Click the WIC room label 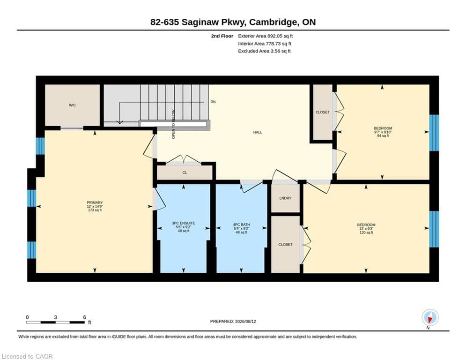(x=72, y=105)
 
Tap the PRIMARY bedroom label (x=95, y=202)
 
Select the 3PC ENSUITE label (x=184, y=223)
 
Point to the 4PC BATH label (x=241, y=225)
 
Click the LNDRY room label (x=285, y=198)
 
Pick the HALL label (x=258, y=132)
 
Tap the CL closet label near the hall (x=185, y=172)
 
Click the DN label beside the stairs (x=213, y=102)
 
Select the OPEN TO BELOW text (x=174, y=124)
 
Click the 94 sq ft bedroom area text (x=383, y=135)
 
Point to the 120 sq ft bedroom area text (x=366, y=232)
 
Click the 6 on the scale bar (x=84, y=317)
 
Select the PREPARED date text (x=233, y=321)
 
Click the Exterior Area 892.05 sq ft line (x=266, y=36)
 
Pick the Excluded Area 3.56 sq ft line (x=264, y=51)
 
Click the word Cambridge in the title (x=273, y=22)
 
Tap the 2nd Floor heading (x=222, y=36)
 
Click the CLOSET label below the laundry (x=285, y=245)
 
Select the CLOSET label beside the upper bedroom (x=323, y=112)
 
